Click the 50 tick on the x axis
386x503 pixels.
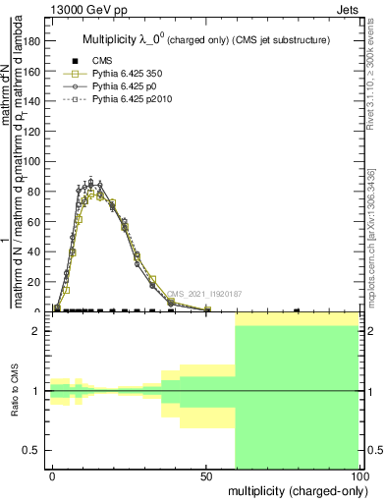point(207,475)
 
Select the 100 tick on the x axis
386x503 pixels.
point(359,475)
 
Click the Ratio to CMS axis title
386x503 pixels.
point(15,391)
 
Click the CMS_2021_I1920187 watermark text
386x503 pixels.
point(204,293)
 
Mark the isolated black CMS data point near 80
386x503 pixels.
point(297,310)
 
